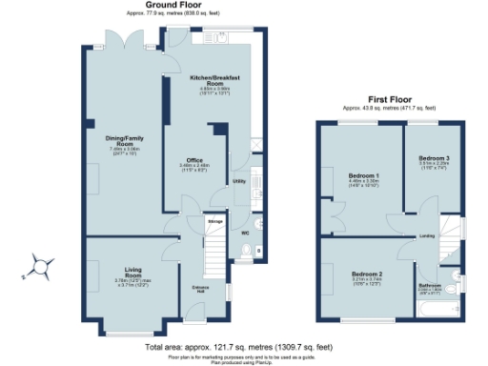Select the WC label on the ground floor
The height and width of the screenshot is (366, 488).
click(x=245, y=233)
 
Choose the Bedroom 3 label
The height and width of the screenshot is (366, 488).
click(x=433, y=158)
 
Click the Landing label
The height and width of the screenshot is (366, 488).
click(x=427, y=235)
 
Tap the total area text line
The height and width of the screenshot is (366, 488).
click(x=237, y=348)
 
